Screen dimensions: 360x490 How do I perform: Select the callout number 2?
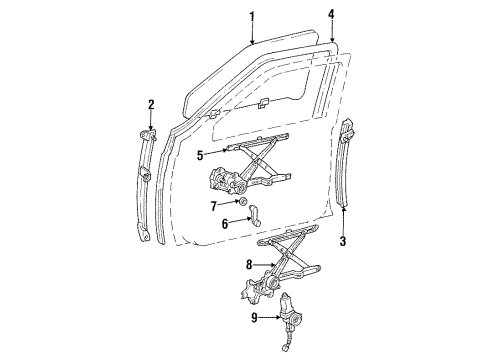(150, 104)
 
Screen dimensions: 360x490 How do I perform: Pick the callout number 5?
(201, 154)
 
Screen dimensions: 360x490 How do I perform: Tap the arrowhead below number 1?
(254, 40)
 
